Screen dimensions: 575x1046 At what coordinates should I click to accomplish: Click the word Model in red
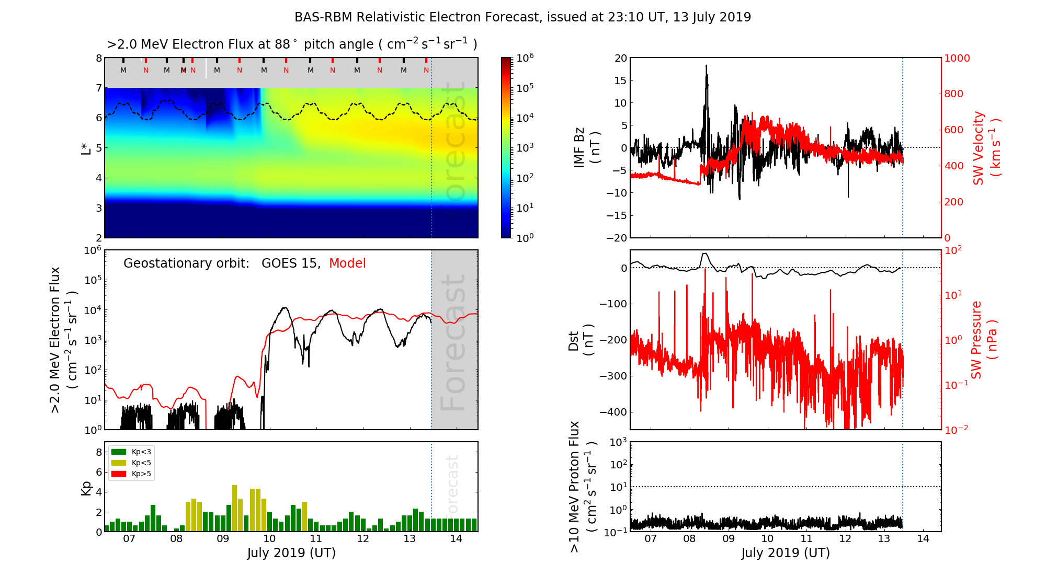347,263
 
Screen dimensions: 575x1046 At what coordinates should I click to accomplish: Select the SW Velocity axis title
986,148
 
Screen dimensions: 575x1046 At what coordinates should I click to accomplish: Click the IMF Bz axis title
586,148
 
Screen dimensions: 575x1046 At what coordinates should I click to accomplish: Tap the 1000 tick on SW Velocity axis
957,59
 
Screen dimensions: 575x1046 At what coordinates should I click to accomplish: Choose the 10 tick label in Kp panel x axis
269,539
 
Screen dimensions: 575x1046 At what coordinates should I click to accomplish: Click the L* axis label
86,148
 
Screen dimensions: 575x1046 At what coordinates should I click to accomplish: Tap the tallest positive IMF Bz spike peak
706,65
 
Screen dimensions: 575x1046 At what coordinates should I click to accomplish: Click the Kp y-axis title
86,488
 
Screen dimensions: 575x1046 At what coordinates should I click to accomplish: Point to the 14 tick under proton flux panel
923,539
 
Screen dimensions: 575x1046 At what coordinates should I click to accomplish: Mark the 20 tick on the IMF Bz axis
620,59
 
